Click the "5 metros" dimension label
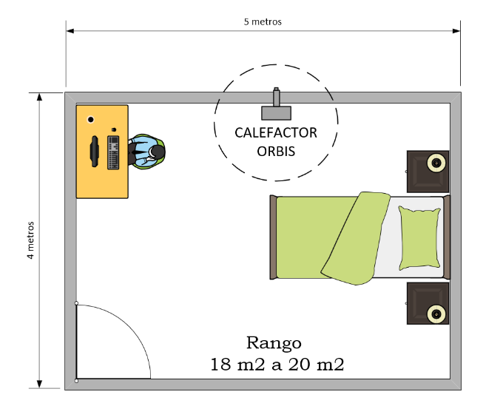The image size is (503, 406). point(263,21)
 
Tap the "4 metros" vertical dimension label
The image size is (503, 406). point(30,240)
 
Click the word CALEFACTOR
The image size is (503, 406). point(276,133)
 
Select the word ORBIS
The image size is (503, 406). point(276,152)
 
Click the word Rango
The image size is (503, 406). point(274,343)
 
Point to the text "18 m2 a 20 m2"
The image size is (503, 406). point(277,365)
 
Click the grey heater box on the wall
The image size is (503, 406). point(276,113)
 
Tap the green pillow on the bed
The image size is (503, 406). point(419,237)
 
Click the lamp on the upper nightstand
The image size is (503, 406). point(436,163)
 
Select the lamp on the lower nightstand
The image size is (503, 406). point(436,314)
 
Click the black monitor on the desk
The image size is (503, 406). point(95,152)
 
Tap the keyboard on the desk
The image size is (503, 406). point(113,152)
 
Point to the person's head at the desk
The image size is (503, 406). point(157,152)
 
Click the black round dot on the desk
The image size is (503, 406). point(91,120)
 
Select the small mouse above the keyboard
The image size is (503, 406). point(114,129)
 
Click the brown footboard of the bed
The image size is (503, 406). point(273,237)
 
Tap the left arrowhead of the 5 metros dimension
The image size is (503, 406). point(70,31)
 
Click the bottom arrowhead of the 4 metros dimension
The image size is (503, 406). point(39,384)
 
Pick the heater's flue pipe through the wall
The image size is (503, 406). point(276,97)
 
